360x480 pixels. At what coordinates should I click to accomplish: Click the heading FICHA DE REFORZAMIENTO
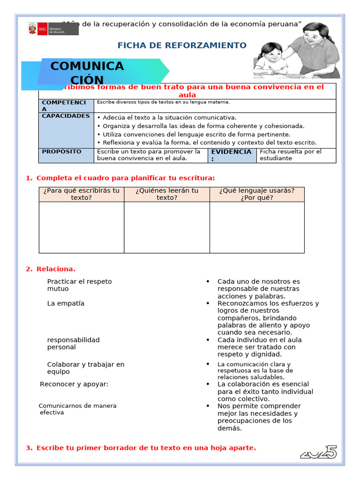point(181,45)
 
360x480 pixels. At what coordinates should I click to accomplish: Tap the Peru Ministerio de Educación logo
point(53,29)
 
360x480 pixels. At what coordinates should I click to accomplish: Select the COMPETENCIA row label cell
point(66,105)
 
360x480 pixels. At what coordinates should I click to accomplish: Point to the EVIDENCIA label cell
point(232,155)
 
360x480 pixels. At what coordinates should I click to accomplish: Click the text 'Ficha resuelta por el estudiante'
point(291,155)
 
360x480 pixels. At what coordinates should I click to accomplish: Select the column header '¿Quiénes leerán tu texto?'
point(167,194)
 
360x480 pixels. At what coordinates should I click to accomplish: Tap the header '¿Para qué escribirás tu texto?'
point(82,194)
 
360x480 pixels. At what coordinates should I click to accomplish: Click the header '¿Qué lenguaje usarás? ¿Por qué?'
point(256,194)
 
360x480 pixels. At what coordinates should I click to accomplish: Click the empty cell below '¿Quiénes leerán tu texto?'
point(167,227)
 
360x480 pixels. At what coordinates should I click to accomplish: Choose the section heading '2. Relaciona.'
point(51,269)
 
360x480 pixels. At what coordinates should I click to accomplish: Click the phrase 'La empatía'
point(66,303)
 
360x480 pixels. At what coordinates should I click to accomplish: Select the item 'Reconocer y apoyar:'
point(74,384)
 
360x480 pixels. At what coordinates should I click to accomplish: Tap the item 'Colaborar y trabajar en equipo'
point(86,368)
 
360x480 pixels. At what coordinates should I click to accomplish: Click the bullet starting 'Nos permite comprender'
point(259,417)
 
